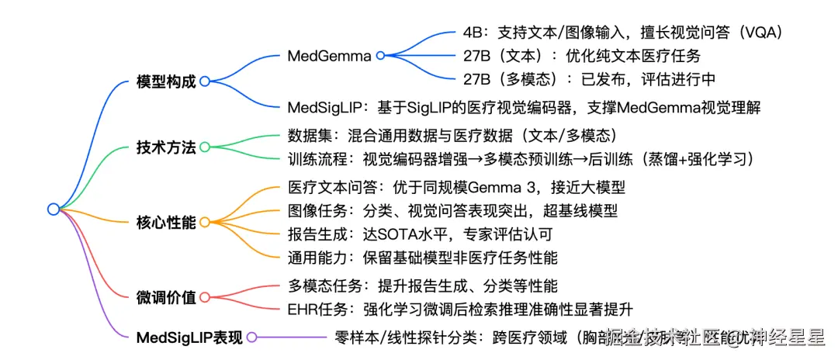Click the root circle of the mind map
(53, 208)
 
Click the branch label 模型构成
(165, 81)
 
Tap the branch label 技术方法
(165, 147)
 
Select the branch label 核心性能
(165, 222)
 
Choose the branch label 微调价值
(165, 296)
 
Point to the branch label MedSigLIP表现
(189, 337)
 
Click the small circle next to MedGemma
(379, 55)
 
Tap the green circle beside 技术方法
(204, 147)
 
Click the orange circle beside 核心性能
(204, 222)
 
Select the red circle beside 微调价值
(204, 296)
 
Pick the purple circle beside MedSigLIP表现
(251, 337)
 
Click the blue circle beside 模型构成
(204, 81)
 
